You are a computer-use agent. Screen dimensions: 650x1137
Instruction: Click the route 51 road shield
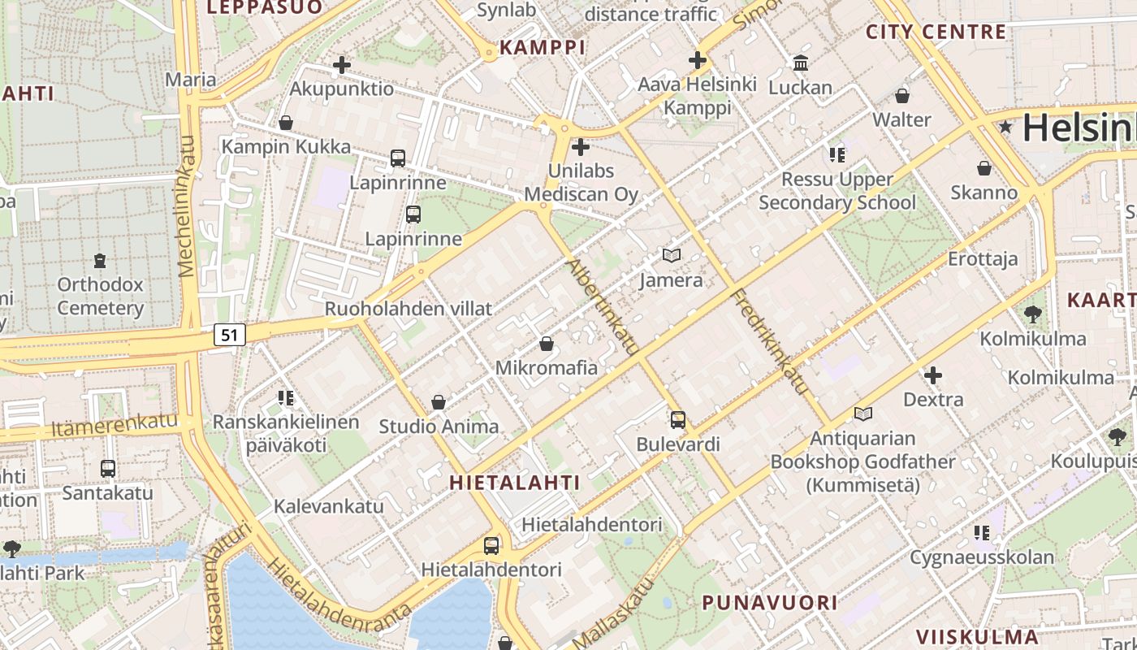pos(231,334)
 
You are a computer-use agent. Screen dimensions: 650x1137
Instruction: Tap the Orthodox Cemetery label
pos(100,297)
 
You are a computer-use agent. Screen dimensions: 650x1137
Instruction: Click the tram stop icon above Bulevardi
pos(678,420)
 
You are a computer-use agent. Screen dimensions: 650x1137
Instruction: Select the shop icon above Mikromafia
pos(547,344)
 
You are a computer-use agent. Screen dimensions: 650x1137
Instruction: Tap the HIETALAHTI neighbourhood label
pos(515,483)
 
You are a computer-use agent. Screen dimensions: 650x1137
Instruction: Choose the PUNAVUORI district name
pos(769,603)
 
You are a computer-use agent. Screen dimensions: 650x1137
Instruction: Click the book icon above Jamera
pos(671,256)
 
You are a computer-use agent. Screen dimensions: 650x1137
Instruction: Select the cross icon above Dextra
pos(933,375)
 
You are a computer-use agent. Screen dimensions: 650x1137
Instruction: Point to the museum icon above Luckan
pos(801,63)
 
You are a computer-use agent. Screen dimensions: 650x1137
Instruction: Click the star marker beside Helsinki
pos(1006,127)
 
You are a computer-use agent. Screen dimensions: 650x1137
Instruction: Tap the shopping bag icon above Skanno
pos(984,168)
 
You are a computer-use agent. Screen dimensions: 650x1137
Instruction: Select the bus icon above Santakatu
pos(108,469)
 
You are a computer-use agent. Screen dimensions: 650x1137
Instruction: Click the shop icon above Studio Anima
pos(439,402)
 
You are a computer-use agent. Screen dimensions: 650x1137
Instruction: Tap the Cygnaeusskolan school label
pos(982,557)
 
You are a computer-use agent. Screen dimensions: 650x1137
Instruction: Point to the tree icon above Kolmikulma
pos(1033,314)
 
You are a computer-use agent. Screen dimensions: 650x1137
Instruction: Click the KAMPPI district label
pos(543,48)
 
